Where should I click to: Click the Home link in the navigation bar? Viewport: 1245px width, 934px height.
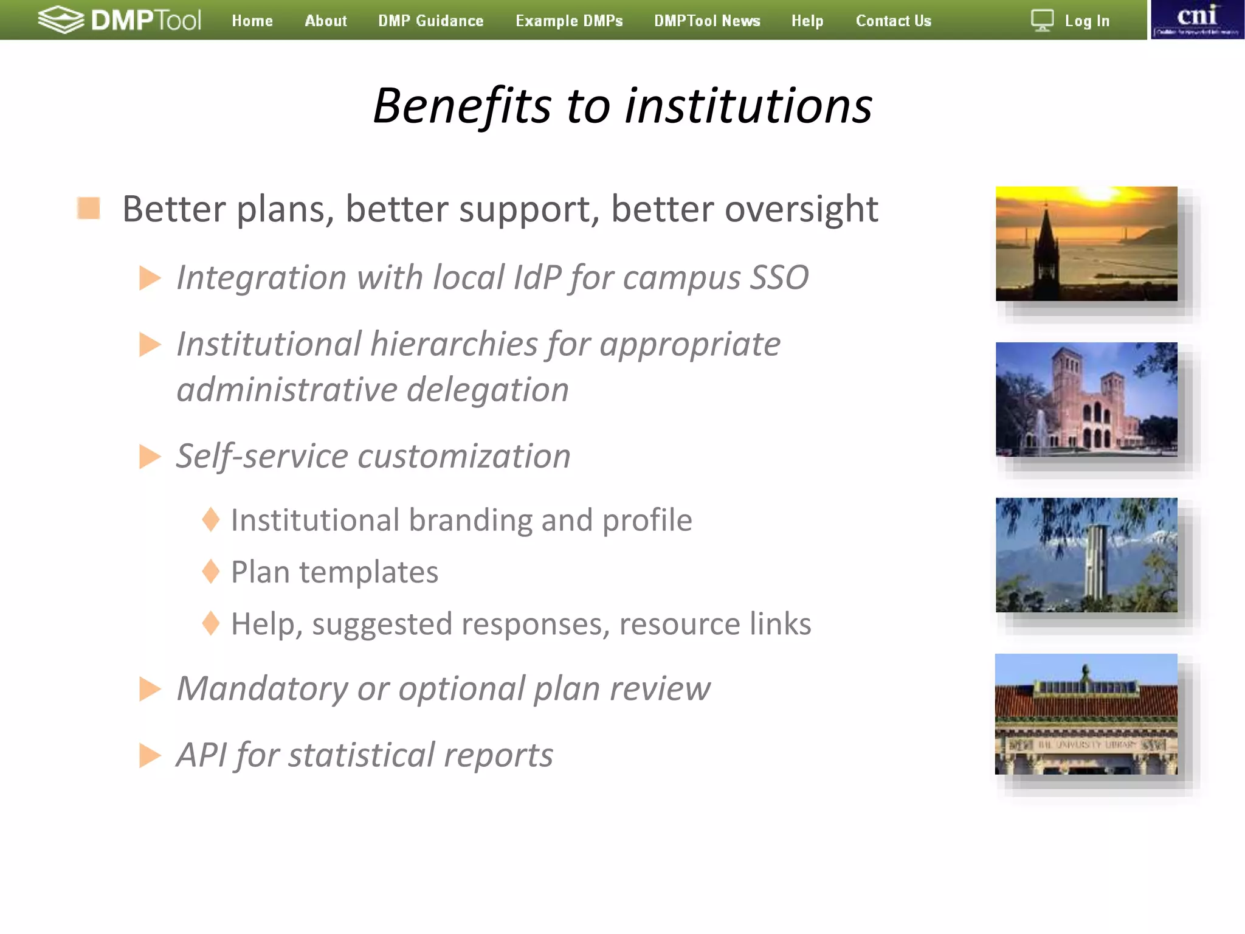coord(252,21)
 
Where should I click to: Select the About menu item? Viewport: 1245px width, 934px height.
coord(326,21)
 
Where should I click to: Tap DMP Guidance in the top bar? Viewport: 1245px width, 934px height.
coord(430,21)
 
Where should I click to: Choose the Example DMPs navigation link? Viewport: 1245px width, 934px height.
coord(569,21)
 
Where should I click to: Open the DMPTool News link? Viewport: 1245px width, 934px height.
coord(707,21)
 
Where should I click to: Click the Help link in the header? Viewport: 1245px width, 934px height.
coord(807,21)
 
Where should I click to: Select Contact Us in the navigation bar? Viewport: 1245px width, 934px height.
coord(893,21)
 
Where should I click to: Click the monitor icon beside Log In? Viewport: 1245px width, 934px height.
coord(1042,21)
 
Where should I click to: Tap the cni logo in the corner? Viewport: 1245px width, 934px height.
coord(1197,19)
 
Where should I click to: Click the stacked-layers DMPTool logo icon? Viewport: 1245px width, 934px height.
coord(61,19)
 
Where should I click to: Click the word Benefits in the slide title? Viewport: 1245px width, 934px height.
coord(462,106)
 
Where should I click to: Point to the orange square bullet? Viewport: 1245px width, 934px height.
coord(89,208)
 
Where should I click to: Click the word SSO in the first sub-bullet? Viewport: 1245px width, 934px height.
coord(779,277)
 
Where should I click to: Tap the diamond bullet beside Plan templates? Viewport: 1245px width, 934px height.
coord(211,572)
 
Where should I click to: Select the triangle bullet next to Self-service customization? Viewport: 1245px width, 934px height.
coord(150,457)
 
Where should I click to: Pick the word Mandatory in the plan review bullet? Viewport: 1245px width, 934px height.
coord(262,688)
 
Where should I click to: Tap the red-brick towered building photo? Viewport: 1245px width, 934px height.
coord(1086,400)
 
